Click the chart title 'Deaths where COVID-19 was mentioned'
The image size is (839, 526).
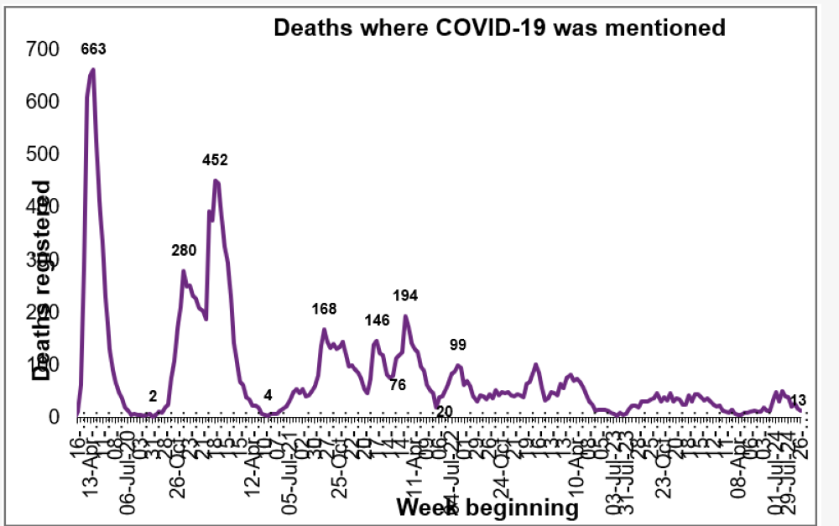[x=499, y=29]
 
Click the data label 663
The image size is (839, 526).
[x=93, y=49]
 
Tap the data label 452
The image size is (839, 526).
[x=216, y=159]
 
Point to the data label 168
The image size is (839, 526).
[x=324, y=309]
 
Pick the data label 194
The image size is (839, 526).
[x=405, y=295]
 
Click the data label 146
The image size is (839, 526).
[x=378, y=320]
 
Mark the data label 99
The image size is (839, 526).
[x=457, y=345]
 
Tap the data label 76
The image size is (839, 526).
[x=398, y=385]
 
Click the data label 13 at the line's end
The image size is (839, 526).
[x=798, y=400]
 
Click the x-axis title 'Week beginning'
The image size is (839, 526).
[x=487, y=508]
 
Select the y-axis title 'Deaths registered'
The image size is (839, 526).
[x=41, y=281]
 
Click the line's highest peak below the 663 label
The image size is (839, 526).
[x=92, y=70]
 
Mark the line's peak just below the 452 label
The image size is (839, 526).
[x=216, y=180]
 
